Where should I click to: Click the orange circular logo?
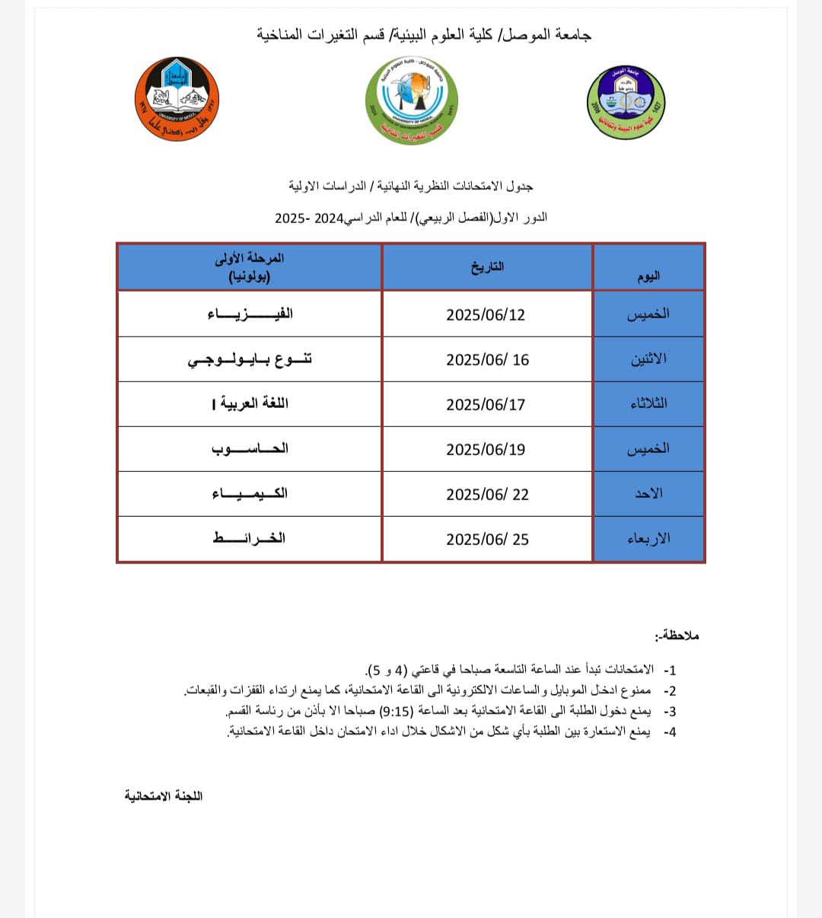pos(177,99)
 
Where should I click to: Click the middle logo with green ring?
pos(411,100)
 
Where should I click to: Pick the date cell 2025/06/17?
pos(486,405)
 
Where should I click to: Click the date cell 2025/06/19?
pos(486,450)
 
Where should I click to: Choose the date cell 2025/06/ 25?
pos(487,540)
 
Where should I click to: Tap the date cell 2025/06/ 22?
pos(487,495)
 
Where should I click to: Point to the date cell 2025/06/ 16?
pos(487,360)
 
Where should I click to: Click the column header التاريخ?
pos(487,267)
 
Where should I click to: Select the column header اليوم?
pos(648,276)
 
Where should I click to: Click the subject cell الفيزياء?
pos(250,314)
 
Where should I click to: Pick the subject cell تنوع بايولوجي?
pos(250,360)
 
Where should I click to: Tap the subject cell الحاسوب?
pos(250,449)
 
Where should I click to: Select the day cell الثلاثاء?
pos(648,403)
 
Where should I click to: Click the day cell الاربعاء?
pos(648,539)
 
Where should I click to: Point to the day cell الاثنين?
pos(648,359)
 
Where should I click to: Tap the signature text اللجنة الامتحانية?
pos(164,796)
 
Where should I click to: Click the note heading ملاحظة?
pos(677,636)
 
